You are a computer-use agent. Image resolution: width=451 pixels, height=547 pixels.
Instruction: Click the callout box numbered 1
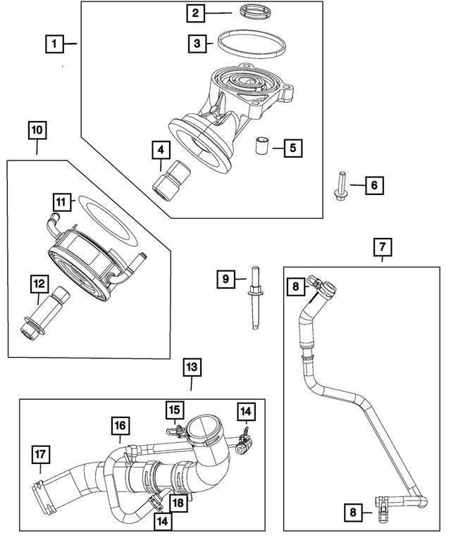[51, 44]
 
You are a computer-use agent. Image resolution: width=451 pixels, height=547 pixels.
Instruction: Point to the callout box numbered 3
[197, 44]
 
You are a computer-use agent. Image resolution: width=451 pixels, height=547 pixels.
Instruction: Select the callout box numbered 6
[374, 185]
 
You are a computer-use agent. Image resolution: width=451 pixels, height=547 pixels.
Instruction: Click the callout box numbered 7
[381, 247]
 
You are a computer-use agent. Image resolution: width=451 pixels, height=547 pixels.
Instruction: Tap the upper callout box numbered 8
[297, 285]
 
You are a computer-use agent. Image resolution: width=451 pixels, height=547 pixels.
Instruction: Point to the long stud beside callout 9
[252, 298]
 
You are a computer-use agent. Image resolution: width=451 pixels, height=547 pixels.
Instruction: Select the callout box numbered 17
[41, 456]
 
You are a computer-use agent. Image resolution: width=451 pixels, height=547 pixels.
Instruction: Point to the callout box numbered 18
[178, 503]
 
